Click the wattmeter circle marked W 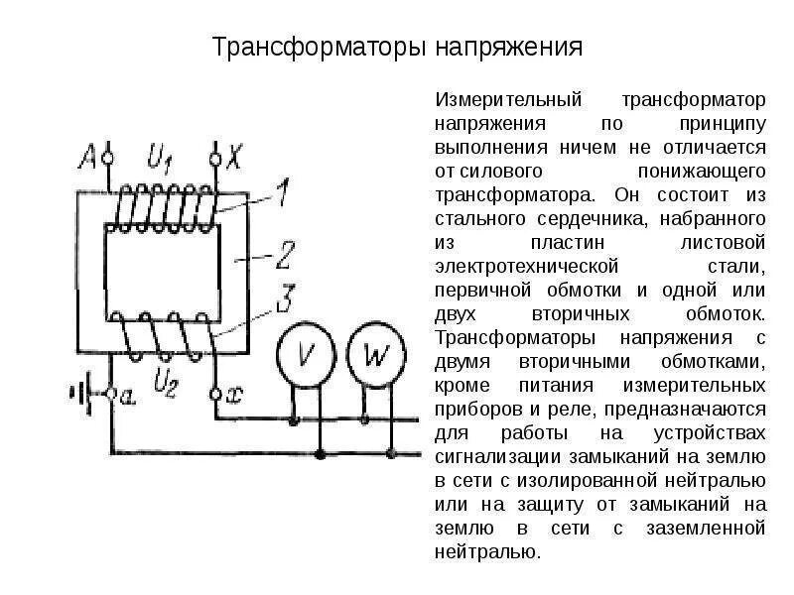(x=374, y=355)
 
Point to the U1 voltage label (x=160, y=156)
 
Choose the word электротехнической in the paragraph (x=527, y=267)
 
